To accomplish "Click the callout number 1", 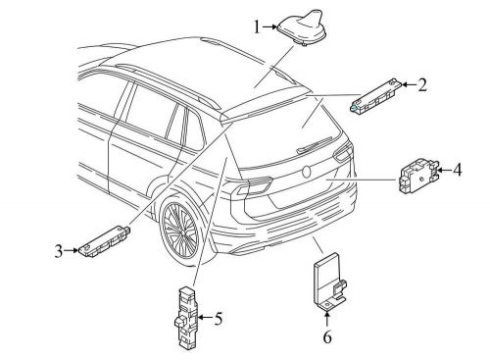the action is (258, 26).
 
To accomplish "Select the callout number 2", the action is (422, 84).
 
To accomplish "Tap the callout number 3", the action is (59, 251).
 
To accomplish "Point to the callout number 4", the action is (458, 170).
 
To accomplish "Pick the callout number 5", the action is (219, 318).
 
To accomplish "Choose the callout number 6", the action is (327, 336).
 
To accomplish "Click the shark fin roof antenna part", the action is (303, 27).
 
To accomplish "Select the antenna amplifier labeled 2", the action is (375, 97).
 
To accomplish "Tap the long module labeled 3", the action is (105, 241).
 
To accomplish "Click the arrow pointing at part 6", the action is (327, 320).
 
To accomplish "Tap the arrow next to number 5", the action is (205, 317).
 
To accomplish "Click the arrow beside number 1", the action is (270, 26).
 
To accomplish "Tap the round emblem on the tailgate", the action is (307, 172).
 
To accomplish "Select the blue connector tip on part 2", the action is (354, 107).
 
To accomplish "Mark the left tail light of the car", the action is (254, 184).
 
